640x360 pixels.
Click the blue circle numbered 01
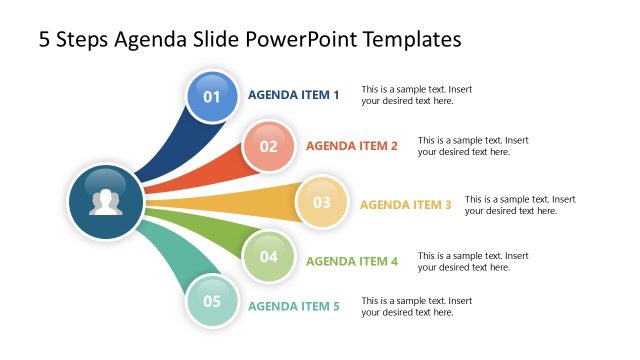[x=212, y=96]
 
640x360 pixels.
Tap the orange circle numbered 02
[x=268, y=146]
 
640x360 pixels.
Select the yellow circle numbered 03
[x=321, y=202]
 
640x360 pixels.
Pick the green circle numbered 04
[x=268, y=256]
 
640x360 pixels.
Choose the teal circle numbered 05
[x=212, y=300]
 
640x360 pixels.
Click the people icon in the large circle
[x=105, y=202]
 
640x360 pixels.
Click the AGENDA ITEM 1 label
[x=294, y=96]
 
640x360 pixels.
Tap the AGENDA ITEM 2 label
[x=352, y=146]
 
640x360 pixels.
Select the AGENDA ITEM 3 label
[x=406, y=205]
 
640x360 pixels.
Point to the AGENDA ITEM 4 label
[x=352, y=262]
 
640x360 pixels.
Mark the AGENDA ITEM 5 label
[x=294, y=307]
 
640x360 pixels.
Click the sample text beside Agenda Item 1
[x=416, y=95]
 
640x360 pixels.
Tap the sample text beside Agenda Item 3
[x=520, y=205]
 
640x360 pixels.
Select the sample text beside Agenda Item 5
[x=416, y=306]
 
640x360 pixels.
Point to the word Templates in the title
[x=412, y=40]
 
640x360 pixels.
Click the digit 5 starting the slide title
[x=45, y=40]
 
